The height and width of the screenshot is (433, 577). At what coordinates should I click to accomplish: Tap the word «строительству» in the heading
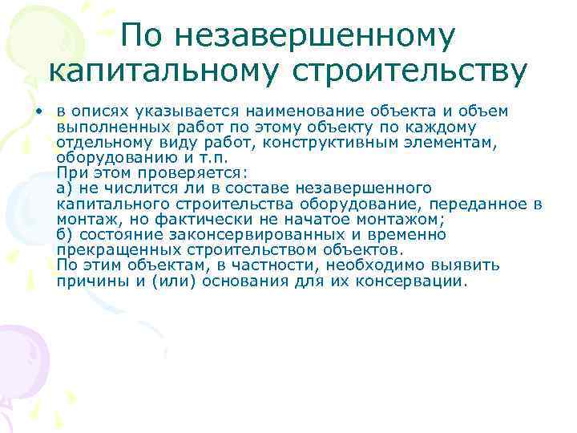tap(410, 71)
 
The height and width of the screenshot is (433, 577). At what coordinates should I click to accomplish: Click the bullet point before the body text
tap(38, 109)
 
